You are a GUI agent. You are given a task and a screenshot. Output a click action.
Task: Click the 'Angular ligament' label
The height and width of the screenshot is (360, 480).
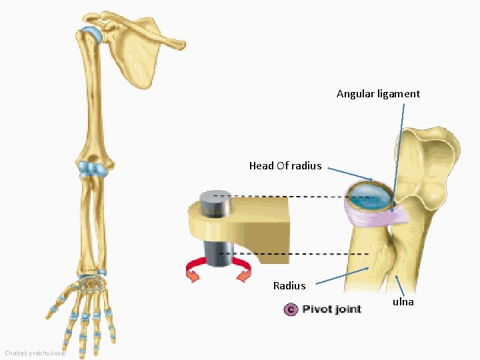tap(378, 94)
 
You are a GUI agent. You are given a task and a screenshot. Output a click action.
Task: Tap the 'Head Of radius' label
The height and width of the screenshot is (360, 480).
tap(285, 166)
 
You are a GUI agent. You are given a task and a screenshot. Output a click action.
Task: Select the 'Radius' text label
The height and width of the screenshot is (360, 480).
tap(289, 286)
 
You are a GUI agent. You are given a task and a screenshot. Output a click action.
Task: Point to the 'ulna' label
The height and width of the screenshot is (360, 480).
tap(403, 302)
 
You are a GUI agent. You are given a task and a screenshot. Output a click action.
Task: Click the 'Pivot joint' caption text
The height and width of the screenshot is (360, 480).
tap(331, 309)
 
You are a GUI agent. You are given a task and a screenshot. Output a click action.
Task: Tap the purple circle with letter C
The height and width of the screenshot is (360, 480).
tap(290, 309)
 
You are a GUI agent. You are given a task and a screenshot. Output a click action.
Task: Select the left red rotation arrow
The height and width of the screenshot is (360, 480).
tap(195, 271)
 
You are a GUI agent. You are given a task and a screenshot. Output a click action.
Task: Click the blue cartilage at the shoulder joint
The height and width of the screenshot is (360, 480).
tap(92, 33)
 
